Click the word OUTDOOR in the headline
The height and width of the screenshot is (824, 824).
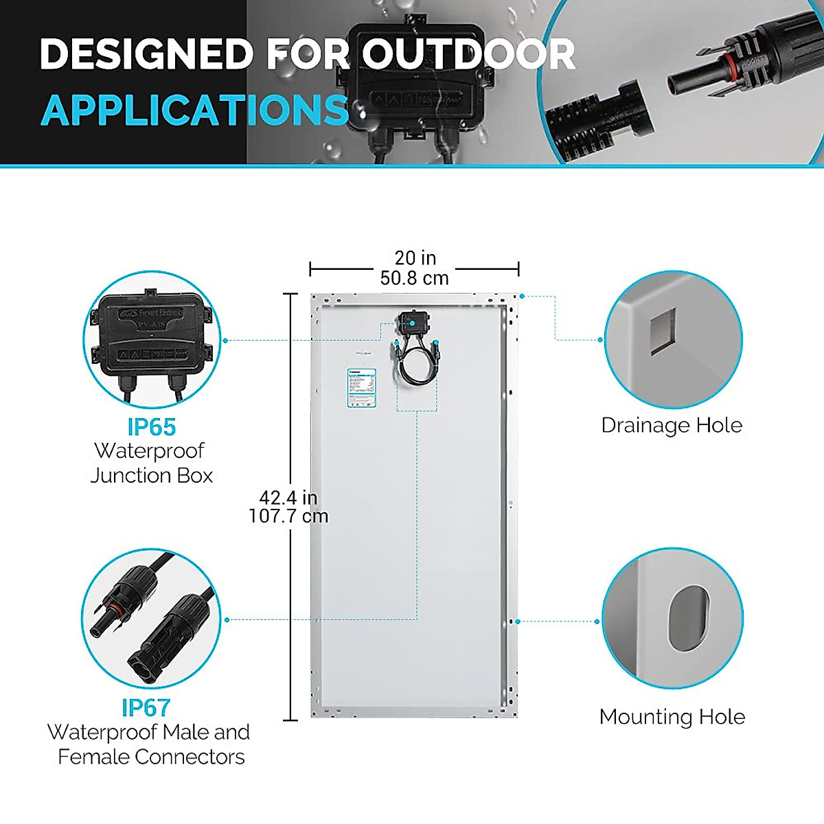[469, 54]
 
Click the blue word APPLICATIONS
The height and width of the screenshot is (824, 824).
[195, 111]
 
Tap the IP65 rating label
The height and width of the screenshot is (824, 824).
[151, 426]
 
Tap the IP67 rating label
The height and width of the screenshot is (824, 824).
[146, 707]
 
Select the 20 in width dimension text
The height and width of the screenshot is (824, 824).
[415, 258]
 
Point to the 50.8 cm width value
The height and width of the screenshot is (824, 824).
[415, 278]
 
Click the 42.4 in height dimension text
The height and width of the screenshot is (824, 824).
[288, 497]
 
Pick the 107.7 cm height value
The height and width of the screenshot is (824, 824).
[288, 516]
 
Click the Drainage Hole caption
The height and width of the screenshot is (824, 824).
[672, 425]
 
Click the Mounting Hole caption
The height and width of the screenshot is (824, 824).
[672, 717]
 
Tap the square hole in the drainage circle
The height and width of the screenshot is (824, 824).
[663, 332]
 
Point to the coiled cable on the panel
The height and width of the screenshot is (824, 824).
[416, 367]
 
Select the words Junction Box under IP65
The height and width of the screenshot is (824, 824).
[151, 475]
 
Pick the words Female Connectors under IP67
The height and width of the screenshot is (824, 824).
[151, 757]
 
